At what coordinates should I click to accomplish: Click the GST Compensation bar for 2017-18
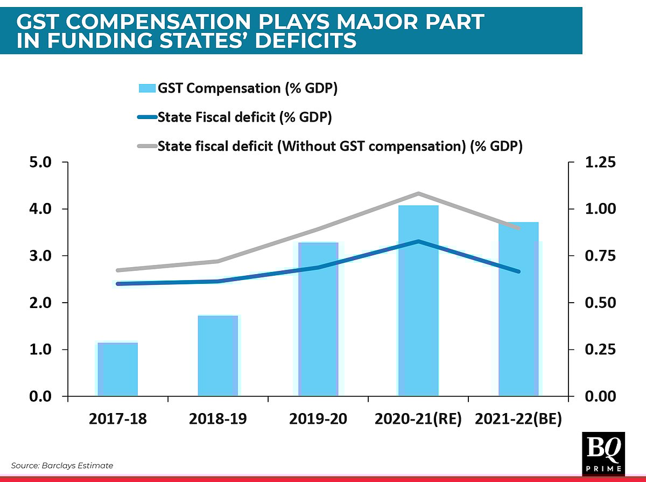coord(117,369)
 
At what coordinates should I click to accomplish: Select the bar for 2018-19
coord(217,356)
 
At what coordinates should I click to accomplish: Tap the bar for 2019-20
coord(318,319)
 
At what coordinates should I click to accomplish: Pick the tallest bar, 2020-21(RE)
coord(418,301)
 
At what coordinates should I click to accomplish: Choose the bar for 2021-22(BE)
coord(518,309)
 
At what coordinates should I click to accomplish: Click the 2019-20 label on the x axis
coord(318,420)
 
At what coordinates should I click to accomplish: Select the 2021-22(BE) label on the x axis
coord(518,420)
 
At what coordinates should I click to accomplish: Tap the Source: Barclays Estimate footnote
coord(62,465)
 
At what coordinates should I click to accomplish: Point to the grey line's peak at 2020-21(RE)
coord(418,193)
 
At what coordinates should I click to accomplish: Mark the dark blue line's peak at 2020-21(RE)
coord(418,241)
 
